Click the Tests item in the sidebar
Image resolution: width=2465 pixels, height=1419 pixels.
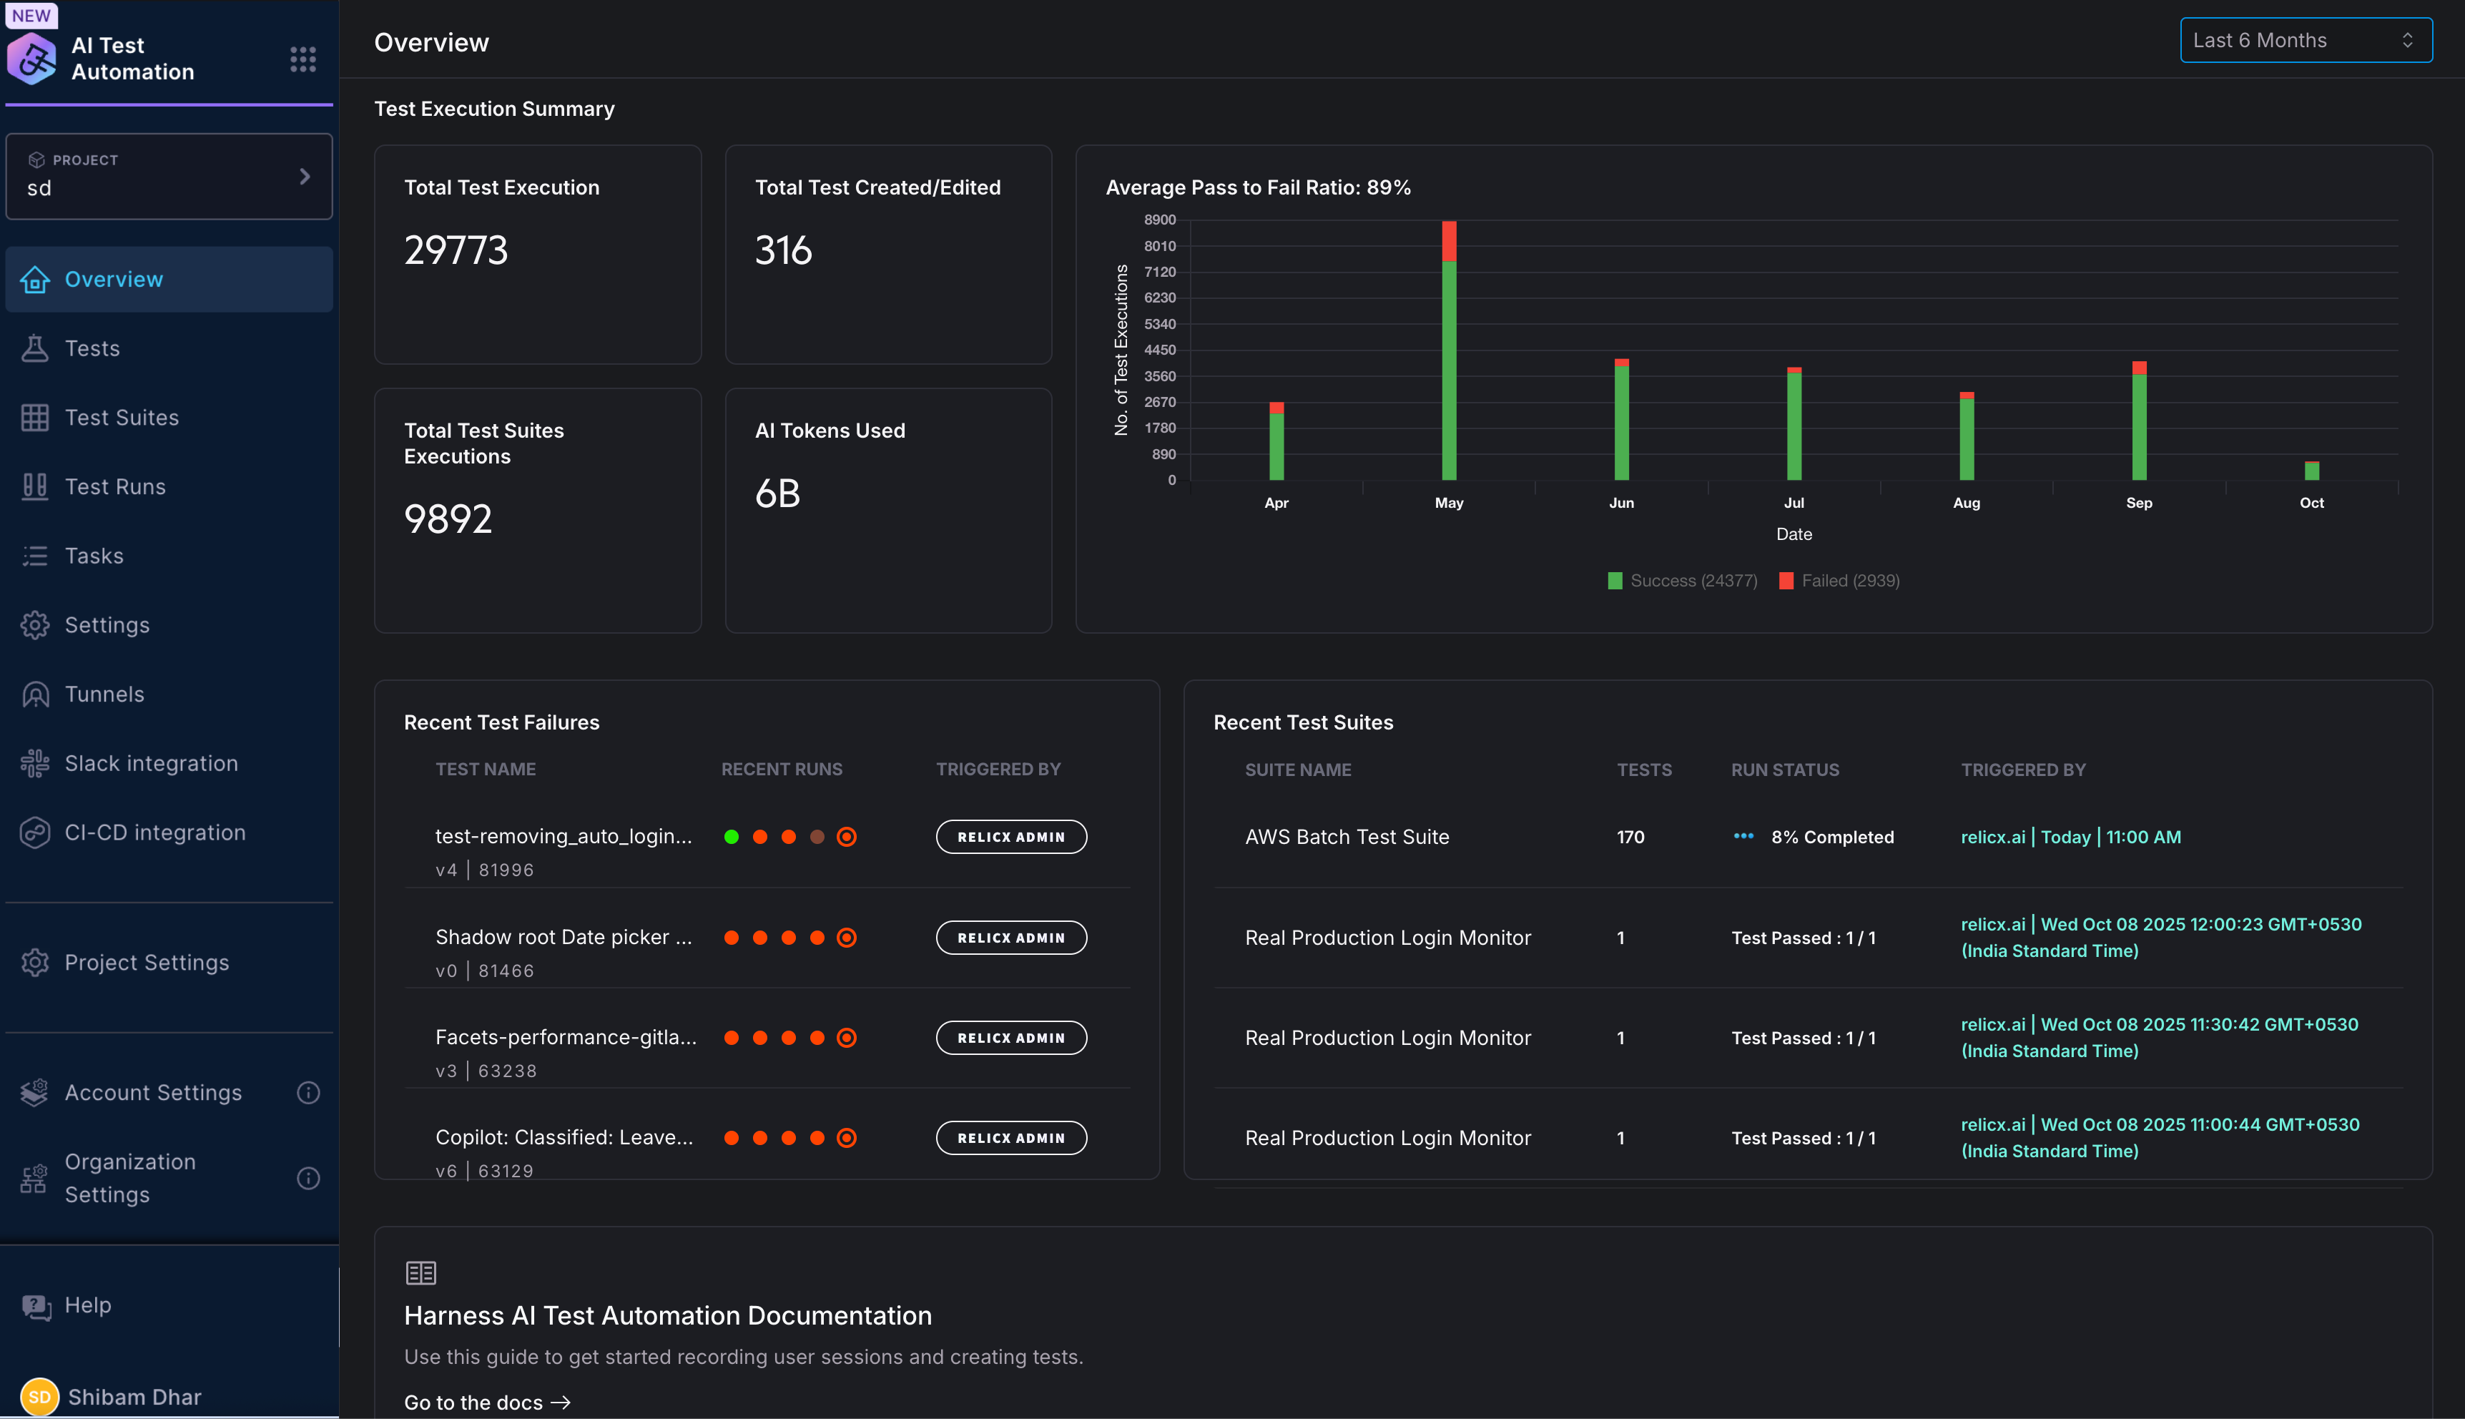click(92, 348)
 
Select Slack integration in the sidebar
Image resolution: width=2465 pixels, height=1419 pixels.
click(151, 763)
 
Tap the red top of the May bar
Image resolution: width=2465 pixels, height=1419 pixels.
click(1449, 241)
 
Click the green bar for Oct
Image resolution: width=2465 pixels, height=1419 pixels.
click(2311, 472)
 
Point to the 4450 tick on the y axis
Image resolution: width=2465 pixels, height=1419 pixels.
click(1159, 350)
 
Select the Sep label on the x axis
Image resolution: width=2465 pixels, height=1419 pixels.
click(2139, 503)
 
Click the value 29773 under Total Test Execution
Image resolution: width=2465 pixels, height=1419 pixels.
click(456, 250)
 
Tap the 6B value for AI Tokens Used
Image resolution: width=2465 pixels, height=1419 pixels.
click(777, 494)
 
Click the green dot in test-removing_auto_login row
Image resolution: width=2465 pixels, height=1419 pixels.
click(731, 838)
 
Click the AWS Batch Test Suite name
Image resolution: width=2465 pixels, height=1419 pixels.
click(1347, 838)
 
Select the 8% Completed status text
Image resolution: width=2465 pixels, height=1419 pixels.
click(1831, 838)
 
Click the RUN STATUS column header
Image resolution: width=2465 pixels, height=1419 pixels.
click(1785, 770)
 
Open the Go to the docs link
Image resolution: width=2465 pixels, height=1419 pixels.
click(486, 1403)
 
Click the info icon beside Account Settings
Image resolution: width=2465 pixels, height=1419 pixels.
click(308, 1093)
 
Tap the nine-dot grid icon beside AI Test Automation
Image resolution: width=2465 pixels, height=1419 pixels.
click(303, 59)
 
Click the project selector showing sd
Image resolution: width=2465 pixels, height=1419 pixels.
click(169, 177)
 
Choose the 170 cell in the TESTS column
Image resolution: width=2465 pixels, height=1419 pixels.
click(1630, 838)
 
